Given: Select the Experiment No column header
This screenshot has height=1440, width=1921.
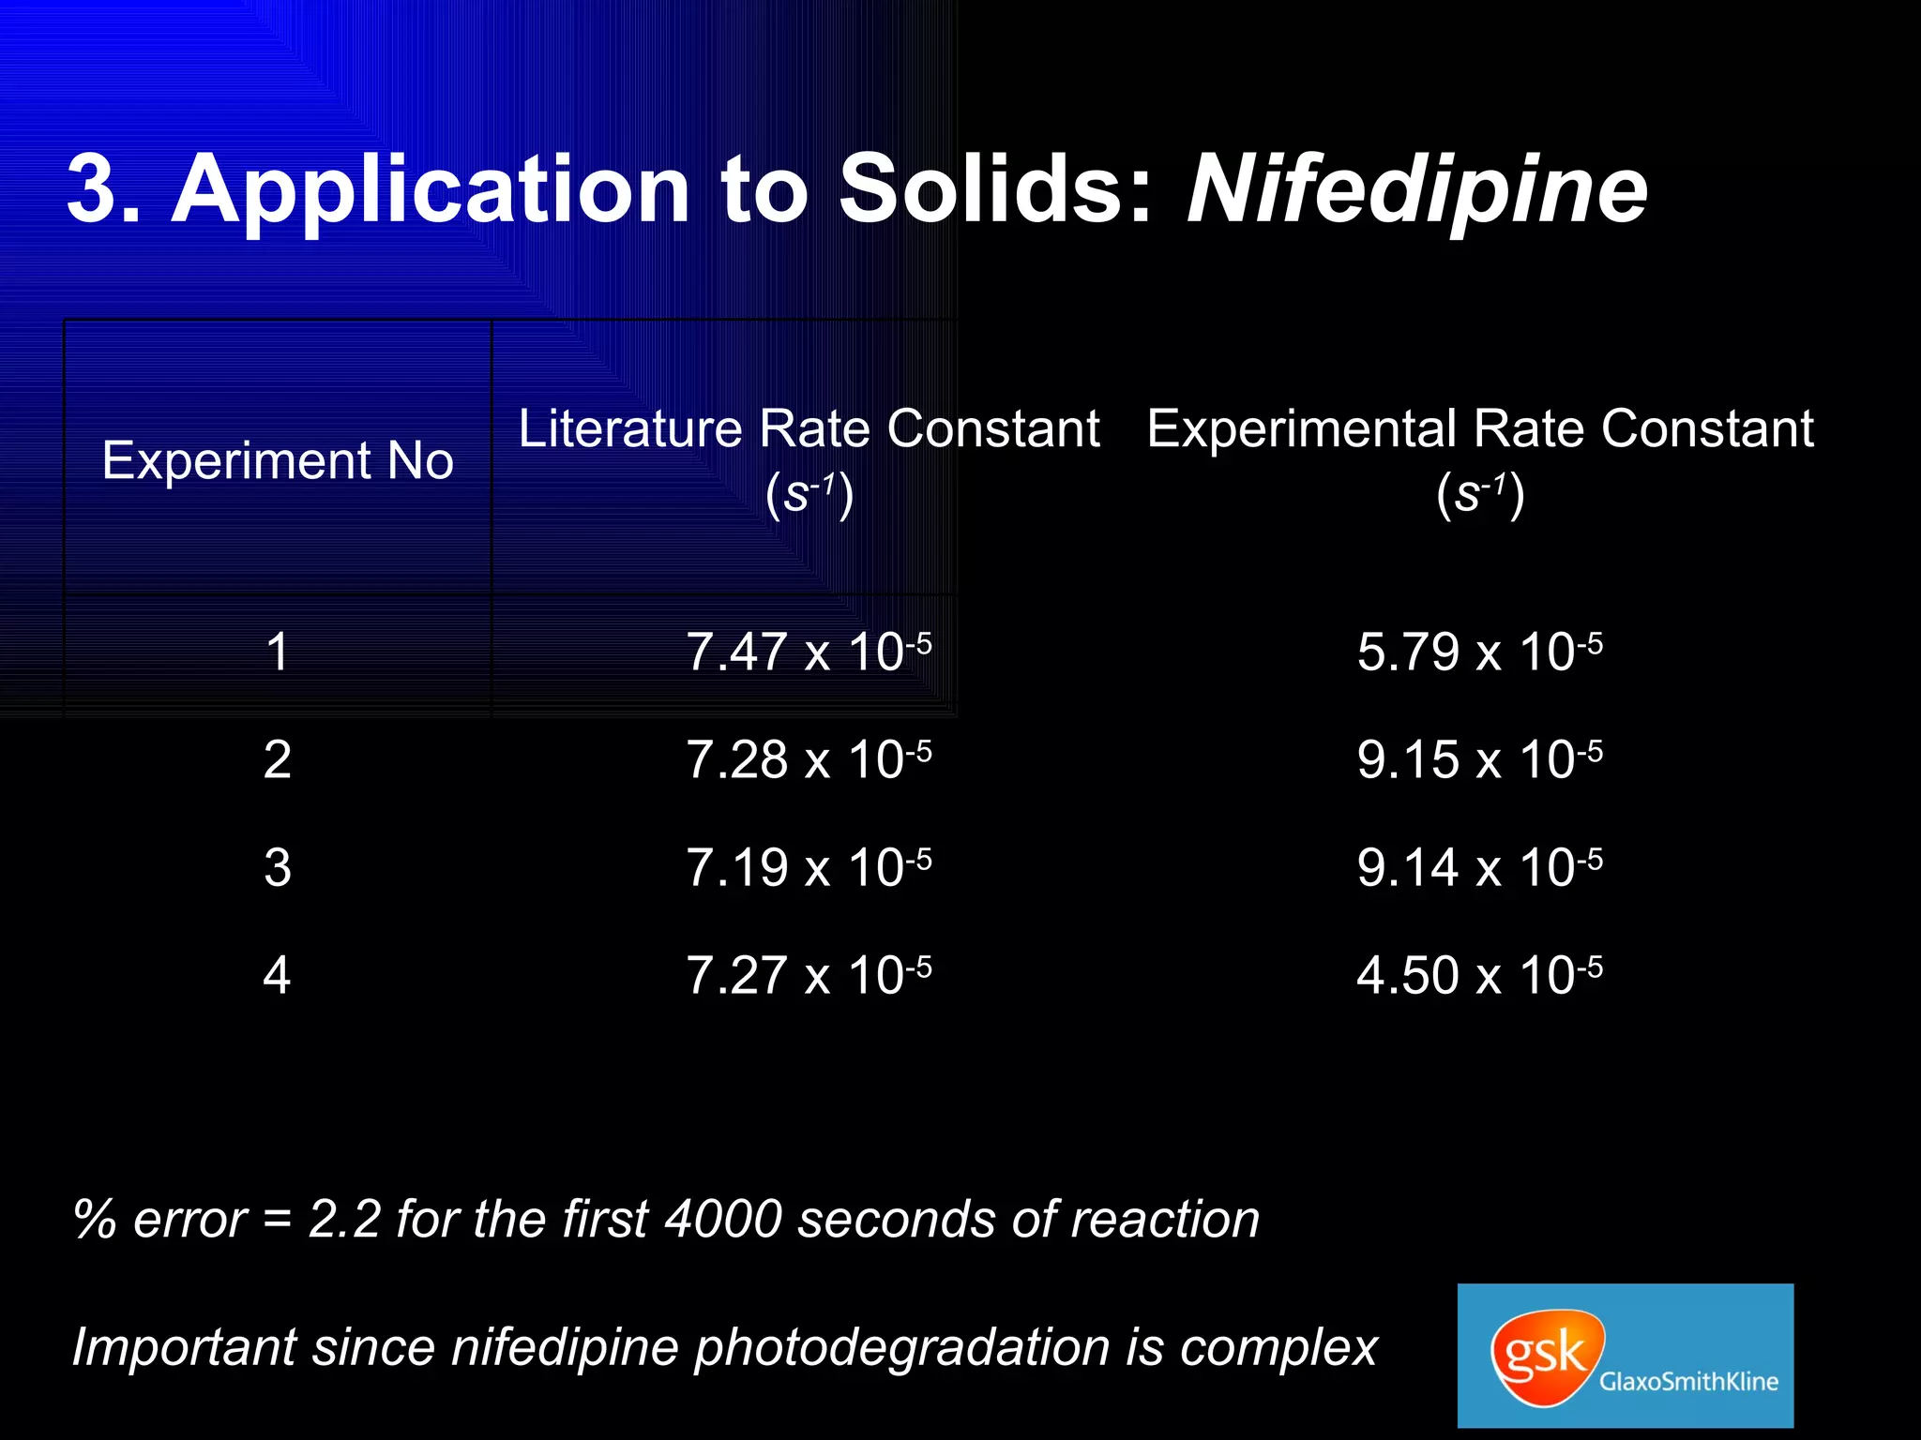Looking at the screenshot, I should tap(278, 460).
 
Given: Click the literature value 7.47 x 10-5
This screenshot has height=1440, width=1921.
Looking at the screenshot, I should tap(809, 652).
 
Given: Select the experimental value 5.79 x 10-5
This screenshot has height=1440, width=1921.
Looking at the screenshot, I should tap(1479, 652).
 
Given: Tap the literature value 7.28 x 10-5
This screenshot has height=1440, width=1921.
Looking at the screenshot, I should tap(809, 759).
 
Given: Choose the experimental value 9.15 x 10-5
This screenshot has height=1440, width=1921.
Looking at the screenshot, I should tap(1479, 759).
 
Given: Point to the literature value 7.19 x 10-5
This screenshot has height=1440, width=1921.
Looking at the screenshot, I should tap(809, 867).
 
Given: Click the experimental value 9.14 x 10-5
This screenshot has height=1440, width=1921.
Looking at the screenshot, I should tap(1479, 867).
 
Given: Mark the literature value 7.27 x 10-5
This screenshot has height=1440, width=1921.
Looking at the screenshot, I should tap(809, 975).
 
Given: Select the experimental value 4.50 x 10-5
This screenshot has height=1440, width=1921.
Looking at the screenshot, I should tap(1479, 975).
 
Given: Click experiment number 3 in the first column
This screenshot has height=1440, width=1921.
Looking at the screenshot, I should tap(278, 867).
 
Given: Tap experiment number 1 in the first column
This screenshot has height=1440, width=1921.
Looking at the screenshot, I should tap(278, 652).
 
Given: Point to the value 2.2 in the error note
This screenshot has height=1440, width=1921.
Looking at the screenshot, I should tap(344, 1220).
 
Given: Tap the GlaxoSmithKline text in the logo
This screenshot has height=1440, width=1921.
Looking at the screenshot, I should tap(1688, 1382).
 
